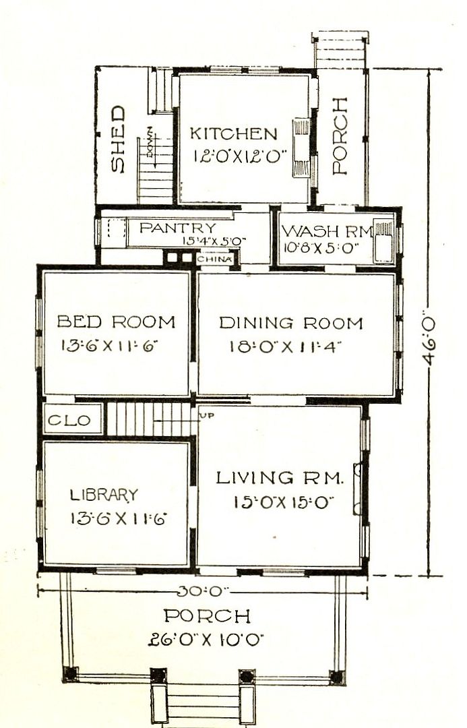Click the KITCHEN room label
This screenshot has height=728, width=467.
point(233,133)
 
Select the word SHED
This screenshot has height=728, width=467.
point(119,140)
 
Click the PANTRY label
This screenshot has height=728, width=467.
point(178,228)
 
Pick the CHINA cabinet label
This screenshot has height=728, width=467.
point(214,259)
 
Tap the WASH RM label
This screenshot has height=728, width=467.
point(328,231)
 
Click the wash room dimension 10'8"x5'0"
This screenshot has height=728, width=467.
point(321,248)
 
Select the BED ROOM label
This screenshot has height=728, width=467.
point(116,322)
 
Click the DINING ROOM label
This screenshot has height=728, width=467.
point(290,323)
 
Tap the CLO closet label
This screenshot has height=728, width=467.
point(69,421)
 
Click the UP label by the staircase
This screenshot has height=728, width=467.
point(207,415)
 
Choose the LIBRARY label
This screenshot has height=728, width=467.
point(104,495)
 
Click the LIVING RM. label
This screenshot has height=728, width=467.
point(280,478)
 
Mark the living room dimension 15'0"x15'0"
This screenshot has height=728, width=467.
point(284,502)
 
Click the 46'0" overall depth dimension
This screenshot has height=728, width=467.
point(429,341)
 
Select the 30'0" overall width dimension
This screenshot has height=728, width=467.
point(204,591)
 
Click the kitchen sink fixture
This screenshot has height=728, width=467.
point(301,148)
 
